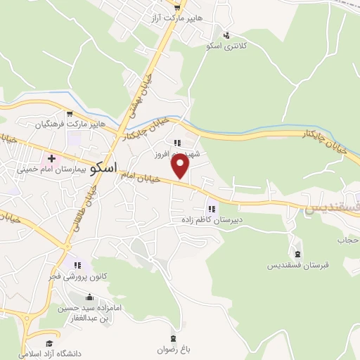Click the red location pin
click(181, 166)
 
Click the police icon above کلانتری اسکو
click(226, 34)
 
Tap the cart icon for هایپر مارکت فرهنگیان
click(69, 113)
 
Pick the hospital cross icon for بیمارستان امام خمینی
click(51, 157)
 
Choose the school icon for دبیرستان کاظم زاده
click(211, 208)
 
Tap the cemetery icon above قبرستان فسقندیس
click(297, 254)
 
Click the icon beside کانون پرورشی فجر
click(78, 265)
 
